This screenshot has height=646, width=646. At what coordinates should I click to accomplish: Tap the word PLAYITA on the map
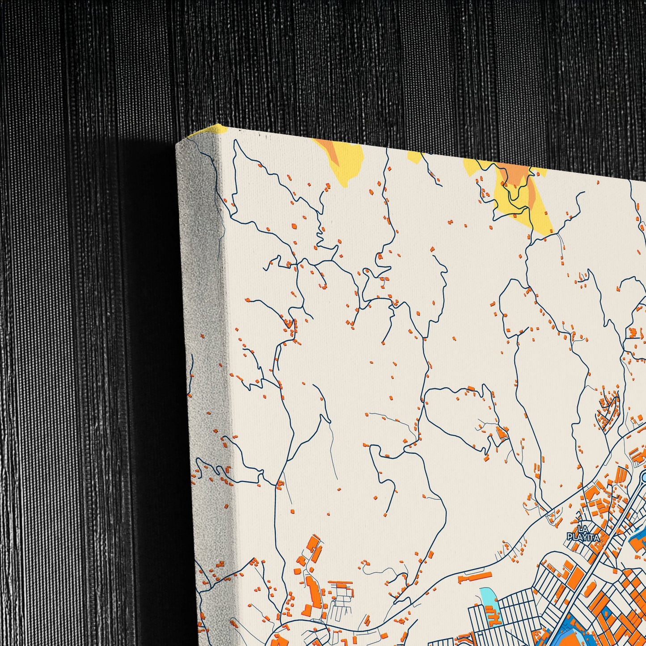(583, 537)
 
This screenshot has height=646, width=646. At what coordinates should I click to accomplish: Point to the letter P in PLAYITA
(570, 537)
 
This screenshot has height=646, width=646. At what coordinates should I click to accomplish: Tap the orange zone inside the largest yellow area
(514, 177)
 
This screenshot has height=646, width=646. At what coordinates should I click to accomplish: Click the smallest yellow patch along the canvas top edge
(414, 157)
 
